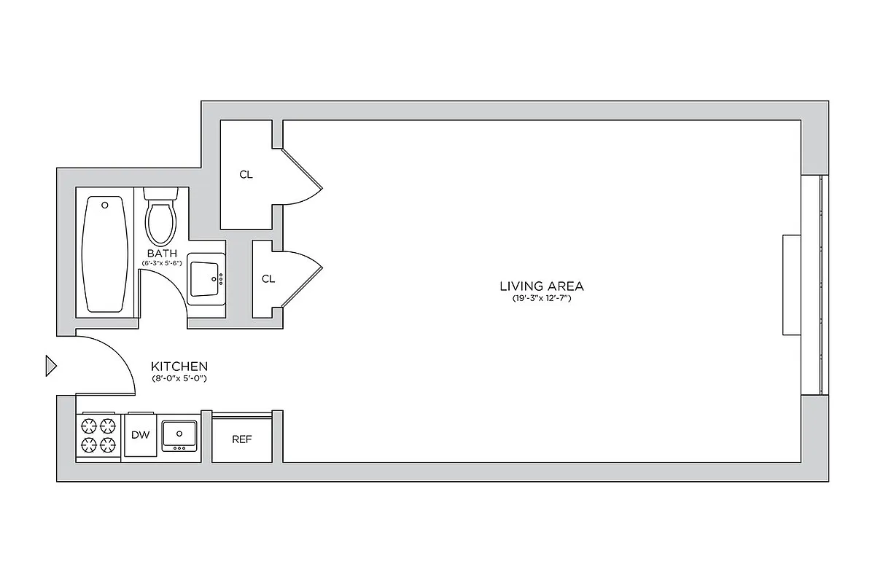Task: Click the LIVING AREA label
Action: point(541,286)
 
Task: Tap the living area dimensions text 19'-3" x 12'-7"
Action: point(541,299)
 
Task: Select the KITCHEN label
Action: point(179,367)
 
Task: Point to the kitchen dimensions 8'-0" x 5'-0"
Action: point(179,379)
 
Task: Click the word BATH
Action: point(162,254)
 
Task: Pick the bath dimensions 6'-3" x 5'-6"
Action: point(162,262)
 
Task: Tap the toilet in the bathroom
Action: point(161,220)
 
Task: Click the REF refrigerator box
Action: point(242,439)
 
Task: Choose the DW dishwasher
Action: point(140,435)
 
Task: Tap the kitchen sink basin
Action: point(179,434)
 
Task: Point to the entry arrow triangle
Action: point(50,365)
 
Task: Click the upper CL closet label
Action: point(246,175)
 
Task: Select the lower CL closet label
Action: point(268,278)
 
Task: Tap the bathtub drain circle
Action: point(105,205)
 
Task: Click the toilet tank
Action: point(161,194)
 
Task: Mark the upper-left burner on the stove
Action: point(89,426)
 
